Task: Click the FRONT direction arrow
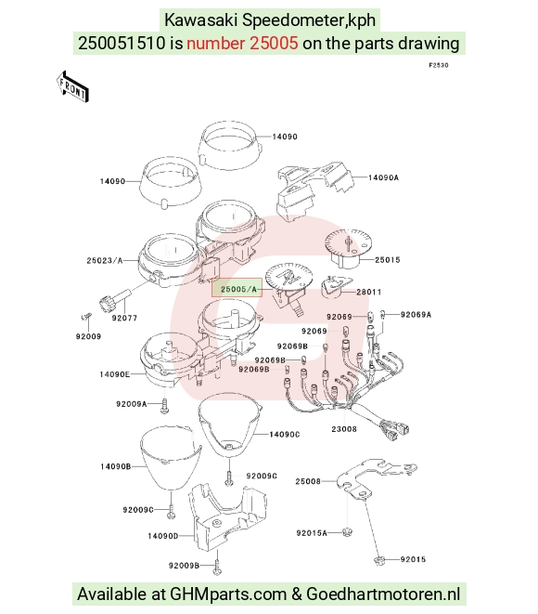click(x=72, y=87)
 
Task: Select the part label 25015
click(x=387, y=259)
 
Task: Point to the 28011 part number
click(x=368, y=292)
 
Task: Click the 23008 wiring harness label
click(x=344, y=429)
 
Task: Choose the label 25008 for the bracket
click(x=308, y=481)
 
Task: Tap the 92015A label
click(x=312, y=533)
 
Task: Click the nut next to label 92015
click(x=379, y=560)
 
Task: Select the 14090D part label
click(x=162, y=536)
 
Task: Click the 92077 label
click(x=124, y=318)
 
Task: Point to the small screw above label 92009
click(x=85, y=315)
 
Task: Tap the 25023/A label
click(x=105, y=260)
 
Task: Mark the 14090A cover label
click(x=384, y=177)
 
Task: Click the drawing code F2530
click(x=439, y=65)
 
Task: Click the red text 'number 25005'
click(x=242, y=43)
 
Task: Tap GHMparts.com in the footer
click(x=228, y=594)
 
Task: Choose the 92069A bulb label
click(x=416, y=315)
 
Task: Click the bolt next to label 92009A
click(x=164, y=406)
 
